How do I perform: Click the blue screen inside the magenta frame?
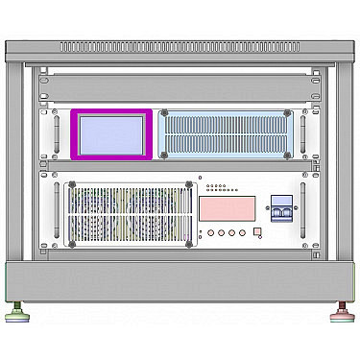coord(110,133)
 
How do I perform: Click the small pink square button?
coord(256,231)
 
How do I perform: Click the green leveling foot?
coord(18,313)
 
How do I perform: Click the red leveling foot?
coord(341,313)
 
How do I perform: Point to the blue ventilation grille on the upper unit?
coord(228,134)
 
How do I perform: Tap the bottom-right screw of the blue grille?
coord(291,154)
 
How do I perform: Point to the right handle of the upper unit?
coord(303,133)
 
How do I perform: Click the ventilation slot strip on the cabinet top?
coord(180,46)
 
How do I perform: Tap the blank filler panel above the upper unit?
coord(180,85)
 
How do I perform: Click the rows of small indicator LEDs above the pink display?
coord(217,185)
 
